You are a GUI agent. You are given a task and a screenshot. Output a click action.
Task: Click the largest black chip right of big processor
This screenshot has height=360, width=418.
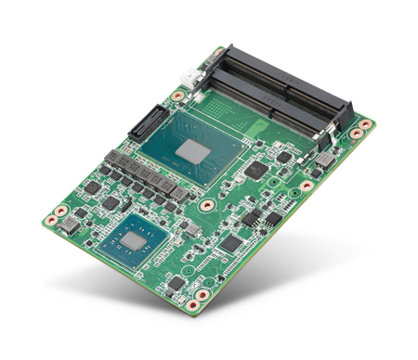coord(255,172)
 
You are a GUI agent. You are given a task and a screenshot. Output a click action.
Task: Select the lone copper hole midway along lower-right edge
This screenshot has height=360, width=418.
coord(306,186)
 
